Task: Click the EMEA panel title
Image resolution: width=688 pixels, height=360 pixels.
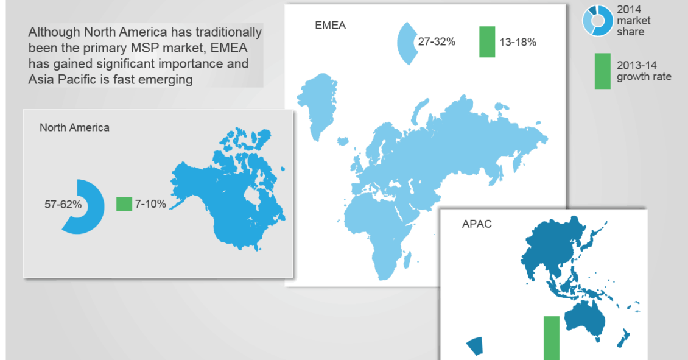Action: coord(331,26)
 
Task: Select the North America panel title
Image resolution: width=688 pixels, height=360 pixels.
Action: coord(75,128)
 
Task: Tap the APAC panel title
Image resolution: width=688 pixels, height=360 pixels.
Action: coord(477,224)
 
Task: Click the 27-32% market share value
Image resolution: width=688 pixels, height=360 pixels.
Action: coord(437,41)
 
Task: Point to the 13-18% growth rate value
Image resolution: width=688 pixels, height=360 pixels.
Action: coord(518,42)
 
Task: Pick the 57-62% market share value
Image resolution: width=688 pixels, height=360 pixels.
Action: coord(63,205)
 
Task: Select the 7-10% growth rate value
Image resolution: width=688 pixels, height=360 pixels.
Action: coord(150,204)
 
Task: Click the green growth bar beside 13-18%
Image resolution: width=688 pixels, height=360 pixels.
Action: coord(487,41)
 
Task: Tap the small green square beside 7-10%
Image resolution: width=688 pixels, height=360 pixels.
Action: coord(124,203)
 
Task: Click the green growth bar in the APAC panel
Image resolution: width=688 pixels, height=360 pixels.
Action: coord(552,338)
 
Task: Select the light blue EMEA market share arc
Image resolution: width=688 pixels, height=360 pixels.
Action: coord(404,43)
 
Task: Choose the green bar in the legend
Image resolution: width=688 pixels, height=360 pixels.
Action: coord(602,71)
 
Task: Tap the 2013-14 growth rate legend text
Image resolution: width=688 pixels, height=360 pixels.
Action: coord(644,71)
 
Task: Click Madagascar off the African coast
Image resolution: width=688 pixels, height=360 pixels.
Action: coord(407,259)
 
